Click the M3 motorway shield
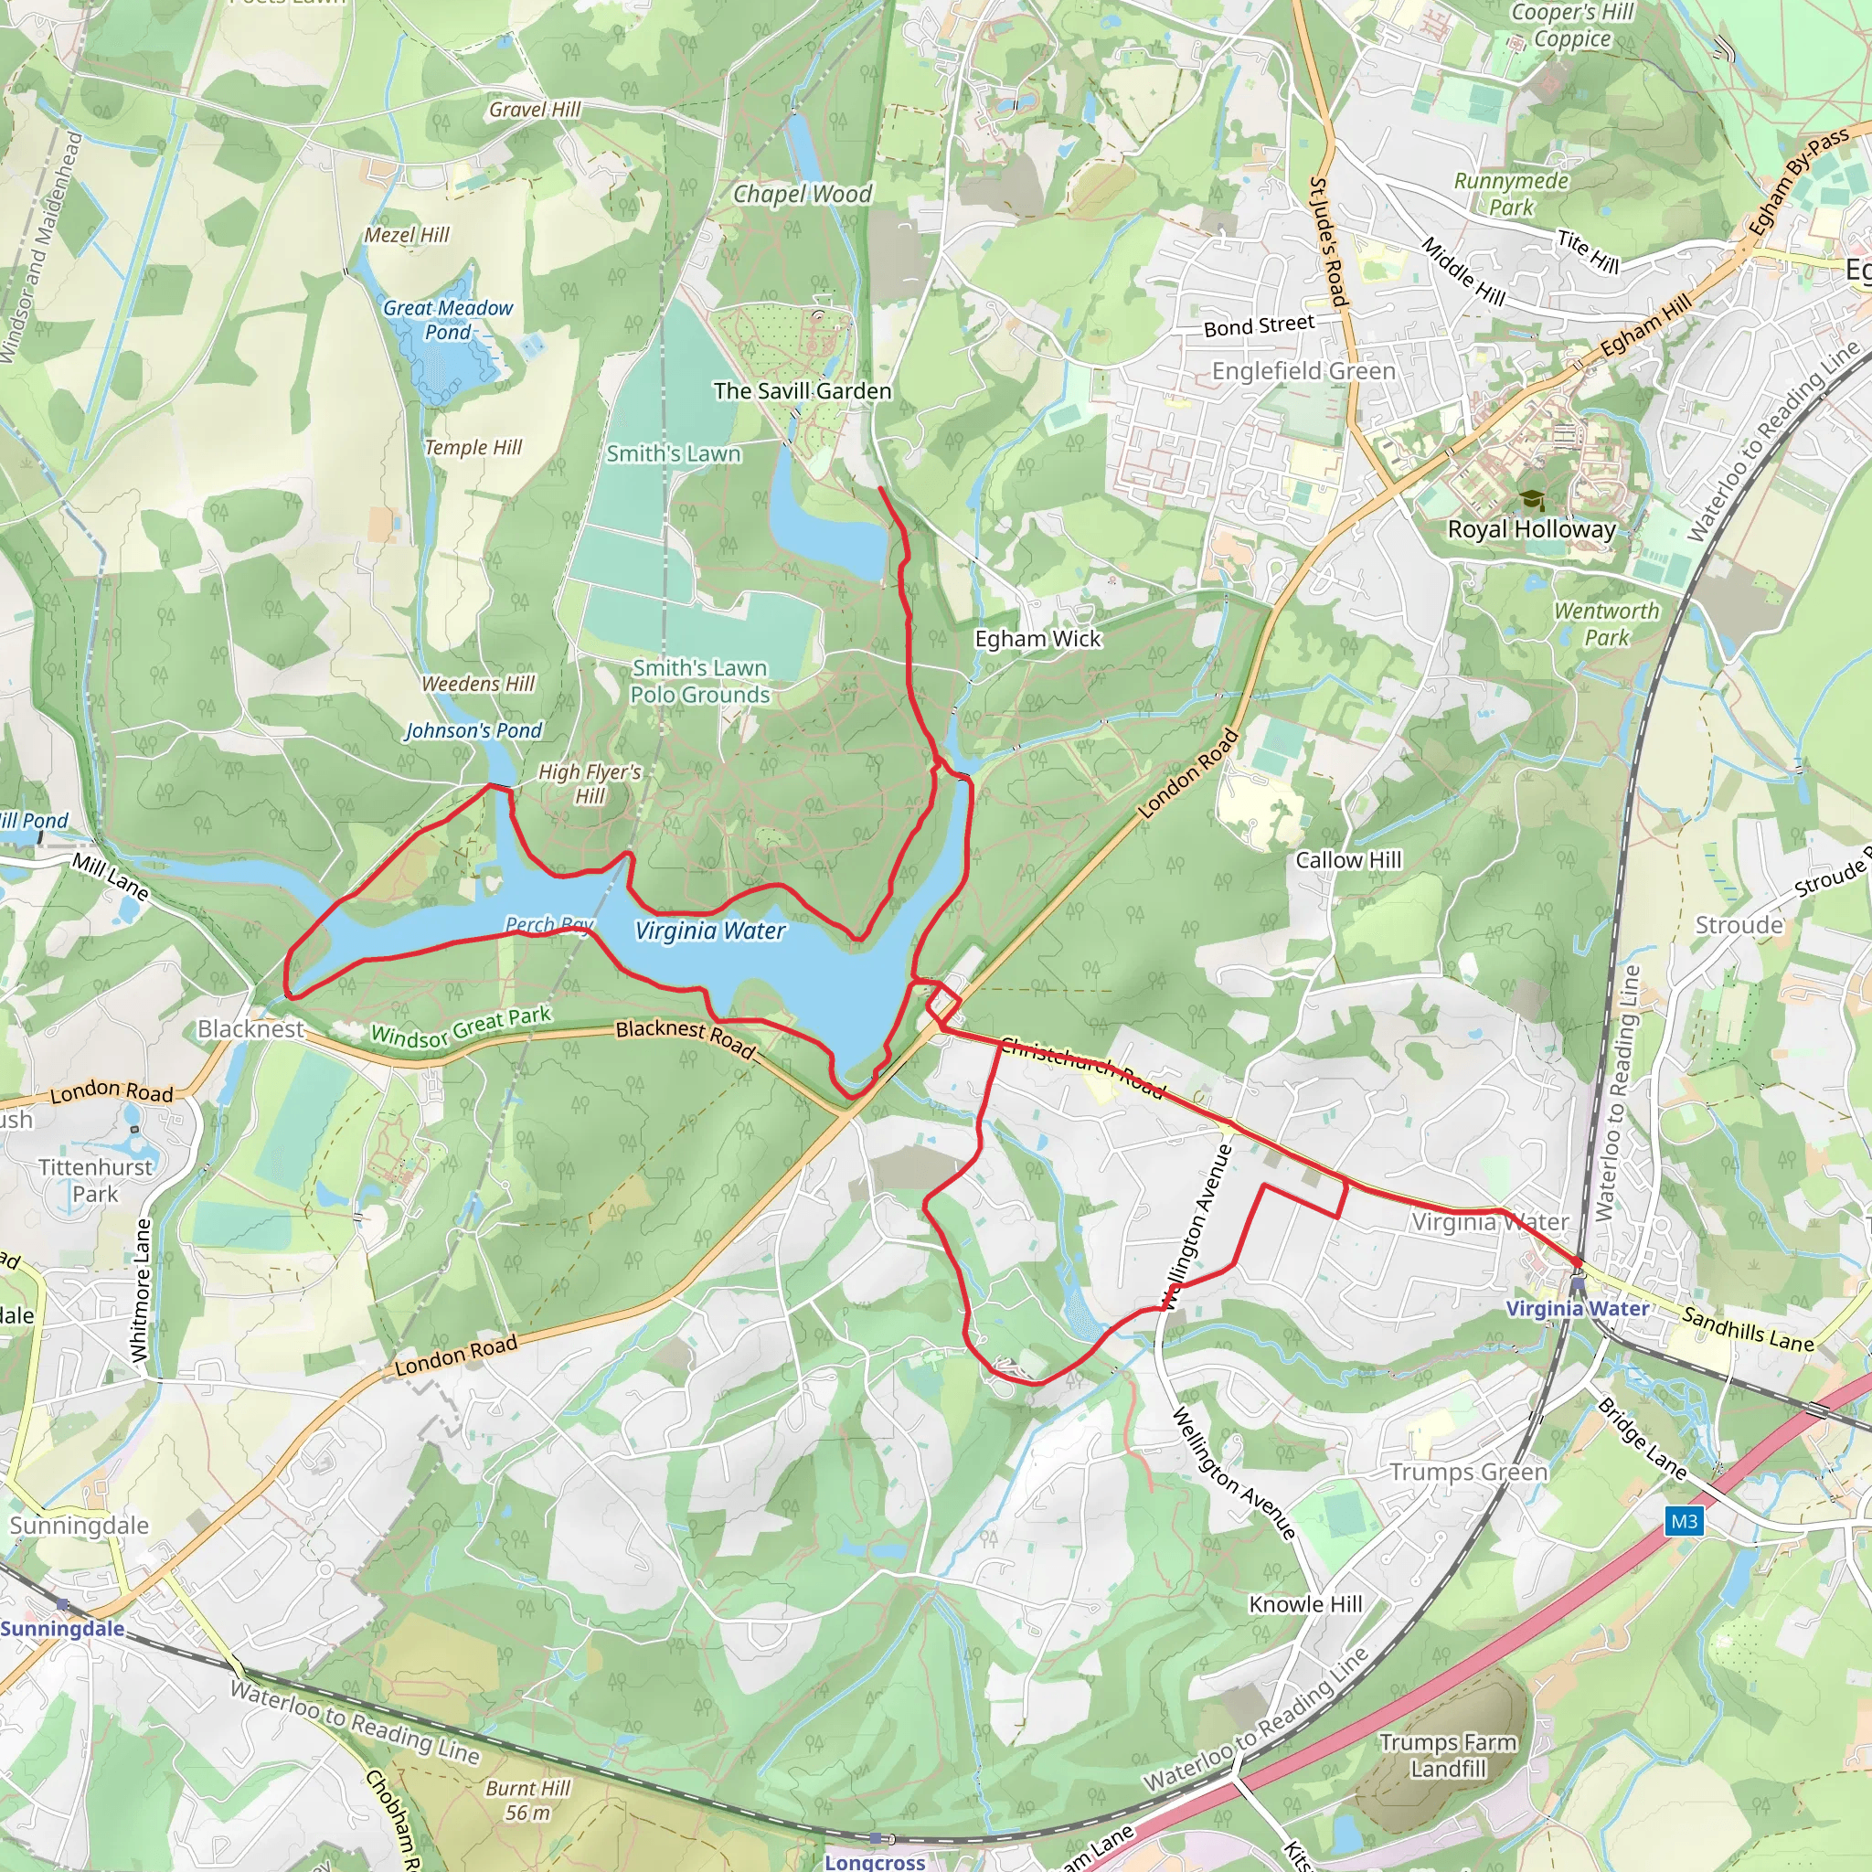click(1684, 1521)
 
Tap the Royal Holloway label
click(1531, 529)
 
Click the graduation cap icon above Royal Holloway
click(1532, 500)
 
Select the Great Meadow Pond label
click(448, 320)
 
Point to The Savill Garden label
click(803, 391)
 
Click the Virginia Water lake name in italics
click(710, 931)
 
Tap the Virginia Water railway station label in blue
click(1577, 1309)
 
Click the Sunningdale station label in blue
click(62, 1628)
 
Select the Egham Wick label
click(1037, 639)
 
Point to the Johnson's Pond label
click(473, 730)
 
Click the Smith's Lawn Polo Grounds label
click(699, 681)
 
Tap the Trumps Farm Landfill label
click(1448, 1756)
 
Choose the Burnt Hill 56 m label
click(527, 1801)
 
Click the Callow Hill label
click(1348, 860)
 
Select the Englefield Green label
click(1303, 371)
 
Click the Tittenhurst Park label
click(95, 1180)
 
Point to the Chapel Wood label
click(803, 194)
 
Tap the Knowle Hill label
click(1305, 1604)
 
